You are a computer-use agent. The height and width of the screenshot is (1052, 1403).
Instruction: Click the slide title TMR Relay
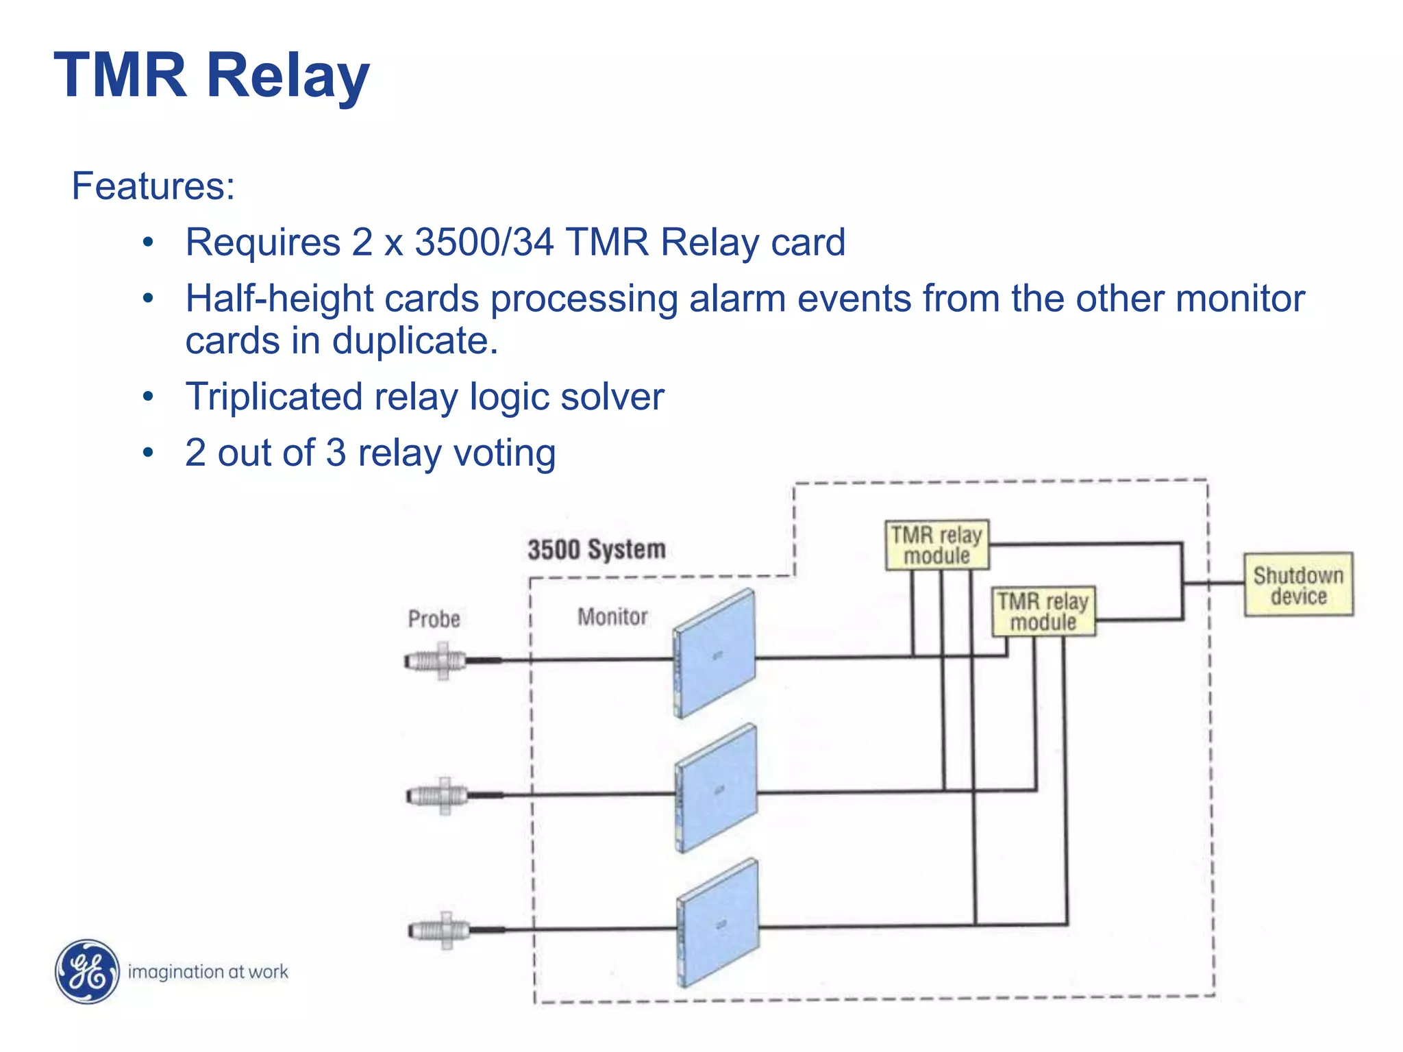(x=212, y=75)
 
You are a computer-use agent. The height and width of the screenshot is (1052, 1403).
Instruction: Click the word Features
(x=153, y=186)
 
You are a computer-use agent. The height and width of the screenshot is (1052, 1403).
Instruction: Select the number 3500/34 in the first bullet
(x=484, y=242)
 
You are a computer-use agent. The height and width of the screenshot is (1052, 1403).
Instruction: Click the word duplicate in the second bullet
(x=414, y=341)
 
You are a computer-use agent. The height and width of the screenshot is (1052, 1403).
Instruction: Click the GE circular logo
(x=87, y=971)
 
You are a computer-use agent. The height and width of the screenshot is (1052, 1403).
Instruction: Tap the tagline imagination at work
(x=208, y=972)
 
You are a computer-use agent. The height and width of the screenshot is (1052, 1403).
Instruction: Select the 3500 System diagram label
(x=596, y=549)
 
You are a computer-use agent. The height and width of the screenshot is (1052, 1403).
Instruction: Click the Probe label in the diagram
(x=434, y=619)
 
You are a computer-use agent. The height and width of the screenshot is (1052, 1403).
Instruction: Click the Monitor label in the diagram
(x=612, y=617)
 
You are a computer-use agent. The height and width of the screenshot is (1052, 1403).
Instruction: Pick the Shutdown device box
(x=1298, y=585)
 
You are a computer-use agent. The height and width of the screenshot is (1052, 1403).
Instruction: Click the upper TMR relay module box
(x=936, y=545)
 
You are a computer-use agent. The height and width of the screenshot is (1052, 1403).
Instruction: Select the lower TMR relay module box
(x=1043, y=612)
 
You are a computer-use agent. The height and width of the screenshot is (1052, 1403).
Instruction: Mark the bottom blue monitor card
(x=719, y=923)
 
